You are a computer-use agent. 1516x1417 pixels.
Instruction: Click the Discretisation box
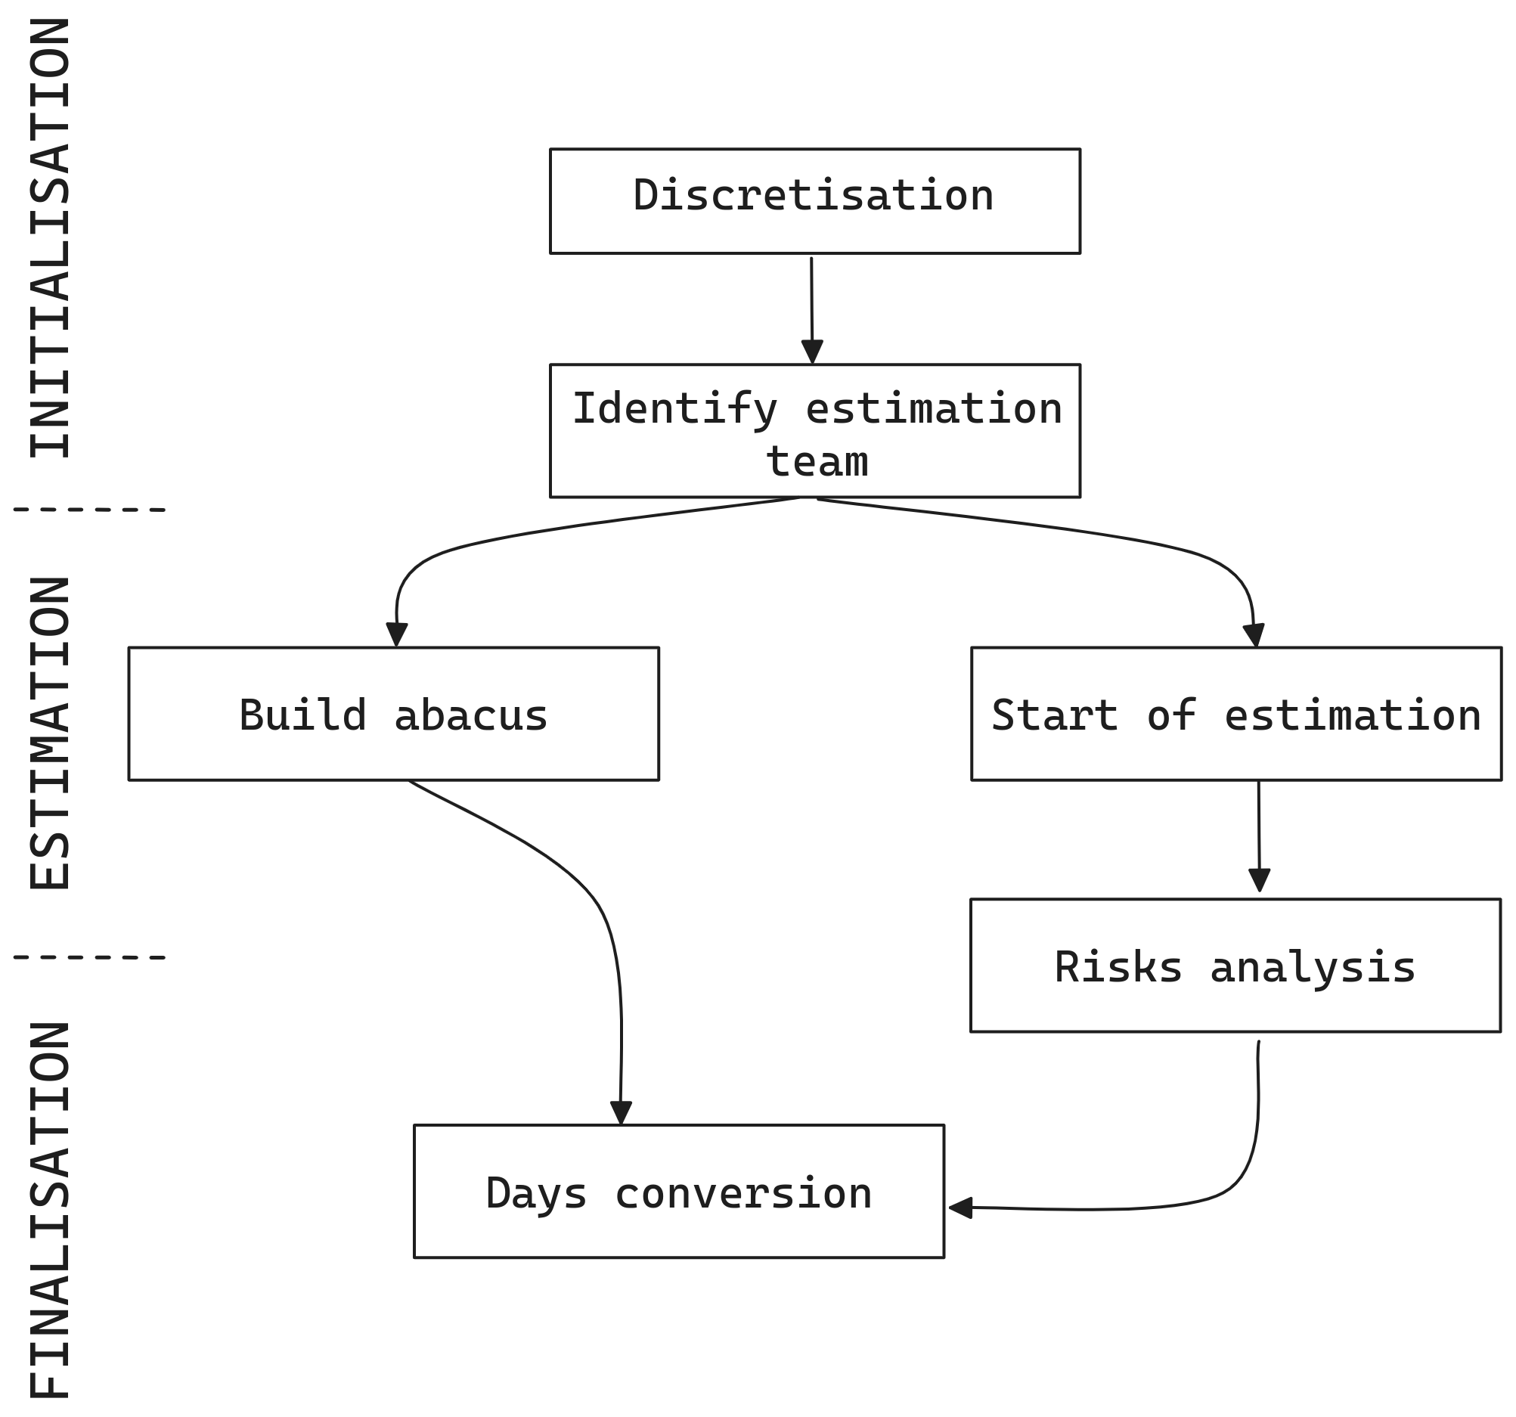(x=814, y=201)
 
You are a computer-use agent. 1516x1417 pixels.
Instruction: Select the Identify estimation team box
(x=814, y=431)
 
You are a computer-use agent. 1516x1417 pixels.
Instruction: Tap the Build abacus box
(x=393, y=714)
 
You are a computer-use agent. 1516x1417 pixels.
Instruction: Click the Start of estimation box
(x=1236, y=714)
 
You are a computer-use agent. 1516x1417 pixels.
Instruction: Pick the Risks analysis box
(x=1235, y=966)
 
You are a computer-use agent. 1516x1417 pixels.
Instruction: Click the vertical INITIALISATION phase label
(x=51, y=238)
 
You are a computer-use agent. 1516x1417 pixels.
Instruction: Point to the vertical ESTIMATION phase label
(x=51, y=733)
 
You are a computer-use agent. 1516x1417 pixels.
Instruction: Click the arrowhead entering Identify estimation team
(x=812, y=352)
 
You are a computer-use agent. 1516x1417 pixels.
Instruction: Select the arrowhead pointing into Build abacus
(x=396, y=634)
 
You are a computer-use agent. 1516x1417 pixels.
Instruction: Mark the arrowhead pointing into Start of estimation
(x=1254, y=635)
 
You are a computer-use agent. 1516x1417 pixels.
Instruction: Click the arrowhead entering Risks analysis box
(x=1260, y=880)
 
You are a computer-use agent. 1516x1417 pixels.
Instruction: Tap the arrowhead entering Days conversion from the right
(x=960, y=1208)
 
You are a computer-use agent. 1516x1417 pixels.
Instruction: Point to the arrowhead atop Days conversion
(x=622, y=1113)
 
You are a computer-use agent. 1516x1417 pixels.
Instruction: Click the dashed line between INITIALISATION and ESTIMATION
(x=89, y=510)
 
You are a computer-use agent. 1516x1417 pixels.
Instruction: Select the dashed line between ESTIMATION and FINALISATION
(x=89, y=957)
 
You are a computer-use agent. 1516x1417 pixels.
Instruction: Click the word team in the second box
(x=817, y=462)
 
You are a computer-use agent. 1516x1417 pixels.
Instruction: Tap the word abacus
(x=470, y=715)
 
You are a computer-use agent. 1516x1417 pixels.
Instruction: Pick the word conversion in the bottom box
(x=742, y=1192)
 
